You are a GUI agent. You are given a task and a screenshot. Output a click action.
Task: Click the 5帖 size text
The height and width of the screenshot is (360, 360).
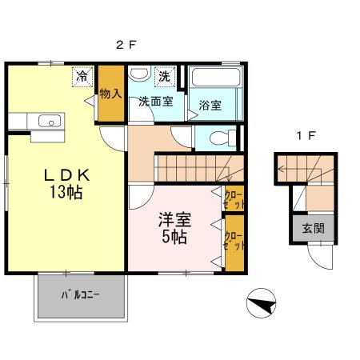click(174, 238)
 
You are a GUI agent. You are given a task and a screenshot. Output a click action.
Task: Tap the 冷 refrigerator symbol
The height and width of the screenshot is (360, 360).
click(82, 77)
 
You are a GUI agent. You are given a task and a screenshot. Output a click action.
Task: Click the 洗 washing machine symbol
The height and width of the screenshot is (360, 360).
click(164, 77)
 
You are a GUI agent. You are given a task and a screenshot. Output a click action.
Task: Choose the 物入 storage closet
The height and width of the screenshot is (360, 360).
click(110, 94)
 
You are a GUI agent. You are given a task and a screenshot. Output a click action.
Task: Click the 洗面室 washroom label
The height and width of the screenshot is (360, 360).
click(154, 102)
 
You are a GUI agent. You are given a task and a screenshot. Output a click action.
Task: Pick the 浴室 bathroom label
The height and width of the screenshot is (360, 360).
click(210, 106)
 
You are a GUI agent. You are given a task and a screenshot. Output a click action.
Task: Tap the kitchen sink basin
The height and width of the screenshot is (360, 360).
click(50, 122)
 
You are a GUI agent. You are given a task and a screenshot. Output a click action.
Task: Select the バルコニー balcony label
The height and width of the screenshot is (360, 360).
click(80, 295)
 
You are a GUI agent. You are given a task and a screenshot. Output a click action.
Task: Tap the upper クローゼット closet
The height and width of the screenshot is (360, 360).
click(234, 199)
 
